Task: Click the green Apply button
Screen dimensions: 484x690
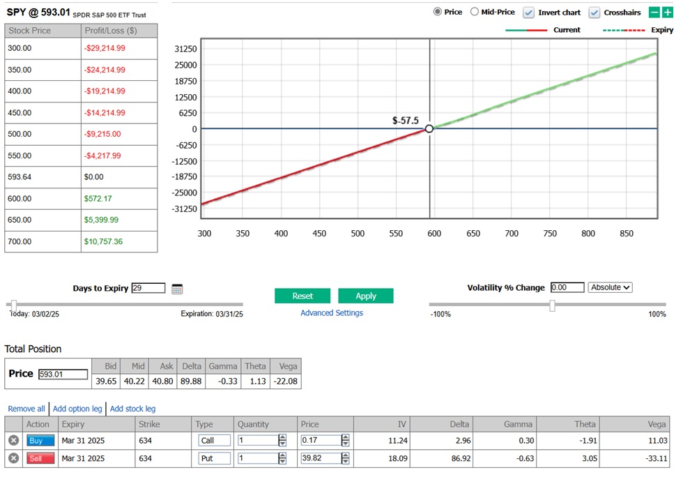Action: click(x=366, y=296)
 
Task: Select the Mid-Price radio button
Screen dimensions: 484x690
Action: click(x=475, y=12)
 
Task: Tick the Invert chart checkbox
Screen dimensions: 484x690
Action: click(x=529, y=13)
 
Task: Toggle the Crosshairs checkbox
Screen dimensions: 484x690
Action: click(x=595, y=13)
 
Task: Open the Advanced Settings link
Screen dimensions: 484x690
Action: click(x=332, y=313)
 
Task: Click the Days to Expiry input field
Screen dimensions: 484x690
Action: click(x=148, y=288)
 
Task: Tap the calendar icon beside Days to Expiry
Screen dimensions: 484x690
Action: click(x=177, y=289)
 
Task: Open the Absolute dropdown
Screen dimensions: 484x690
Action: click(x=610, y=287)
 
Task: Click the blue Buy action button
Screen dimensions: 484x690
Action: click(x=40, y=441)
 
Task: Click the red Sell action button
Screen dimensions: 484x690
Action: click(x=40, y=459)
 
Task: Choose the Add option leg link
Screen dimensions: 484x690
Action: click(x=77, y=409)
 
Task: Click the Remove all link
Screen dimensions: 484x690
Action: click(x=26, y=409)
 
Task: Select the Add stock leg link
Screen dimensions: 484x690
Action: click(x=132, y=409)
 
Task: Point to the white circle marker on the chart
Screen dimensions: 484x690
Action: click(x=429, y=128)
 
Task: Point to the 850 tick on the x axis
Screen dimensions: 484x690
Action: click(x=627, y=234)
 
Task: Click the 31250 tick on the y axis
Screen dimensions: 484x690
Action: click(x=185, y=50)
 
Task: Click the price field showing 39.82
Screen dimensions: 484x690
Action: click(x=321, y=459)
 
